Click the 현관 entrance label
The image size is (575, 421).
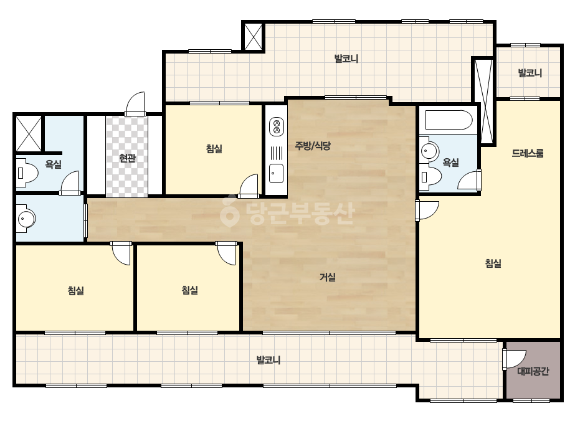(x=127, y=158)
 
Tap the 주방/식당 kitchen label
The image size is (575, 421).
(x=313, y=146)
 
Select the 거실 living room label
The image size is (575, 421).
(x=328, y=277)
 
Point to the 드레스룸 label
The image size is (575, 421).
(x=527, y=153)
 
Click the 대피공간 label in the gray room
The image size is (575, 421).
(x=533, y=372)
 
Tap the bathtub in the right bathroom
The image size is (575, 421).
(x=449, y=120)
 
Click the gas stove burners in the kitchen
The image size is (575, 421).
(x=277, y=126)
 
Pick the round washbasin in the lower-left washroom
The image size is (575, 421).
(x=26, y=219)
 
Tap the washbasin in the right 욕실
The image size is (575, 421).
(x=429, y=150)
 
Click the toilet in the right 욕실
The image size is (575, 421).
(x=430, y=177)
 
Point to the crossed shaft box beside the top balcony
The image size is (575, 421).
(x=253, y=36)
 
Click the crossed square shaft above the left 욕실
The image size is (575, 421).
(x=29, y=133)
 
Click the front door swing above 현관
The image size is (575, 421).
(x=135, y=103)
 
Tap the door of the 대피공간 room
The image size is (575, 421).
(x=514, y=359)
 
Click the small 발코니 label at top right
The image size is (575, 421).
(x=530, y=73)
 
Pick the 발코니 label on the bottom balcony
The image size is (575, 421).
(x=268, y=360)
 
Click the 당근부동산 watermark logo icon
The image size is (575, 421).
(x=229, y=211)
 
